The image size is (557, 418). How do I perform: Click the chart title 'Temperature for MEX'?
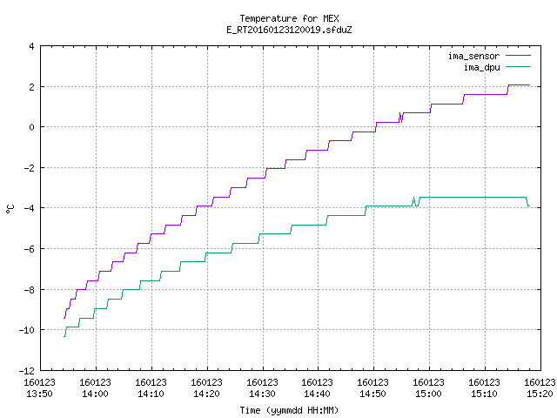289,18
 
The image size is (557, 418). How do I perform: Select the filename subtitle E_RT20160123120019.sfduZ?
289,30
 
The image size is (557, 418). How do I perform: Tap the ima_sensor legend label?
473,56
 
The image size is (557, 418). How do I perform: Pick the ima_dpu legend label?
481,67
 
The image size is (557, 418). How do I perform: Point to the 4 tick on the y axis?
32,46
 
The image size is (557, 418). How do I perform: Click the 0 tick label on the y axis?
32,127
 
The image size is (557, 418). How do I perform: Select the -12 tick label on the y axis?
27,371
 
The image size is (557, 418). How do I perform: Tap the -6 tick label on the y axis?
29,249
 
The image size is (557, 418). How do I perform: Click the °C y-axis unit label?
10,209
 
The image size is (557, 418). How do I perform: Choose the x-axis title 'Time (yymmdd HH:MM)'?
289,410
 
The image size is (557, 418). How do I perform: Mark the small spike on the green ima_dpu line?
414,201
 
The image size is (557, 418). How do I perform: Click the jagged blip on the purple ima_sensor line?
400,118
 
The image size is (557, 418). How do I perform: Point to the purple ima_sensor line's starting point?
64,318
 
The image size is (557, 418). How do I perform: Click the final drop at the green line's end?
528,202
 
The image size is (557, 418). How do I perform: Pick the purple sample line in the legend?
518,56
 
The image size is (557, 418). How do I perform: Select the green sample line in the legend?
518,67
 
